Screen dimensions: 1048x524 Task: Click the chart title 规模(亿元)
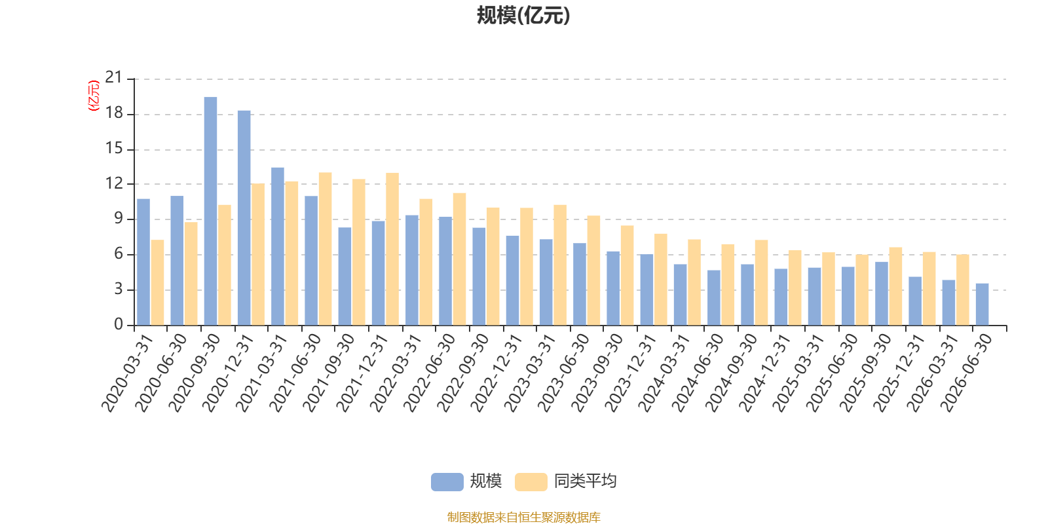tap(523, 16)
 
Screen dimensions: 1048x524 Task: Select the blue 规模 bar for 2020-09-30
tap(210, 211)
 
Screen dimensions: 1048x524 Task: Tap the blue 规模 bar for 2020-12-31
tap(244, 218)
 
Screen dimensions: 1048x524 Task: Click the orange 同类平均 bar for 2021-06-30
tap(325, 249)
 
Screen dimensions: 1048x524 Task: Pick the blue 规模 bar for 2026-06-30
tap(982, 304)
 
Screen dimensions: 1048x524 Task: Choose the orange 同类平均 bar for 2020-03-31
tap(158, 282)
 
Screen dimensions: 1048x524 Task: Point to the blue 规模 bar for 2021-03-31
tap(278, 246)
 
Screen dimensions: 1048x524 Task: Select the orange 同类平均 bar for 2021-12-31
tap(392, 249)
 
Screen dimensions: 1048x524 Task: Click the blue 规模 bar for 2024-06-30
tap(713, 297)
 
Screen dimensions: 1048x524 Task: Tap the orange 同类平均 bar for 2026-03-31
tap(962, 290)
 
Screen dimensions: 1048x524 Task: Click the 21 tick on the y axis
tap(114, 77)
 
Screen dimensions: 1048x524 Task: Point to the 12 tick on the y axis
tap(114, 183)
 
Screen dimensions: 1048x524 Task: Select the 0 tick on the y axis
tap(119, 324)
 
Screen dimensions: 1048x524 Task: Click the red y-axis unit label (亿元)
tap(94, 96)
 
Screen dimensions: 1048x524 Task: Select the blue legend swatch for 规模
tap(447, 481)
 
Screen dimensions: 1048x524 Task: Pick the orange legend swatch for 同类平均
tap(531, 481)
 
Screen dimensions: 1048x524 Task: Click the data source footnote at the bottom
tap(523, 517)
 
